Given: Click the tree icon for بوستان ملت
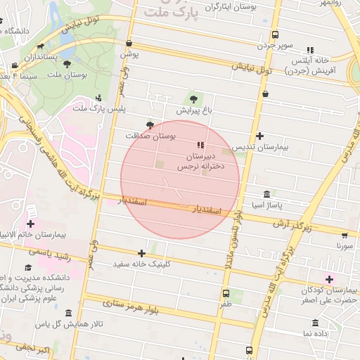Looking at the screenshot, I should (x=67, y=64).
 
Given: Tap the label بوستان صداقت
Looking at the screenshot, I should (x=149, y=134).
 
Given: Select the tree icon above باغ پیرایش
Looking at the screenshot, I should (x=193, y=99).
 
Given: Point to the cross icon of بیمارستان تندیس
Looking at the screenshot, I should (x=260, y=136).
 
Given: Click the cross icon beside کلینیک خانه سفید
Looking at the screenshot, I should (x=142, y=253).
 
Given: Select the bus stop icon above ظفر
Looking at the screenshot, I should (x=226, y=293).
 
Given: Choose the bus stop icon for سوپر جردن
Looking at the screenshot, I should (x=275, y=34).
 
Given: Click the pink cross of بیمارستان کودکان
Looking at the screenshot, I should (x=328, y=279).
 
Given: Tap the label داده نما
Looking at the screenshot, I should (x=316, y=333).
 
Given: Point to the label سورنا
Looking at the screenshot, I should (x=345, y=247).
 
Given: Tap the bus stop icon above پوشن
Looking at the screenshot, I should (x=129, y=44).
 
